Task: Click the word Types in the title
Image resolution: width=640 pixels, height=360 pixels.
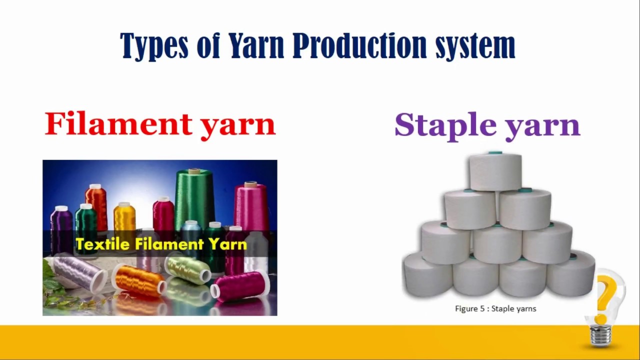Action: point(153,46)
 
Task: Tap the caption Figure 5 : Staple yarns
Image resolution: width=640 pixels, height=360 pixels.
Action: point(495,308)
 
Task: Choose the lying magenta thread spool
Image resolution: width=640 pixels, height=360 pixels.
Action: point(240,285)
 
